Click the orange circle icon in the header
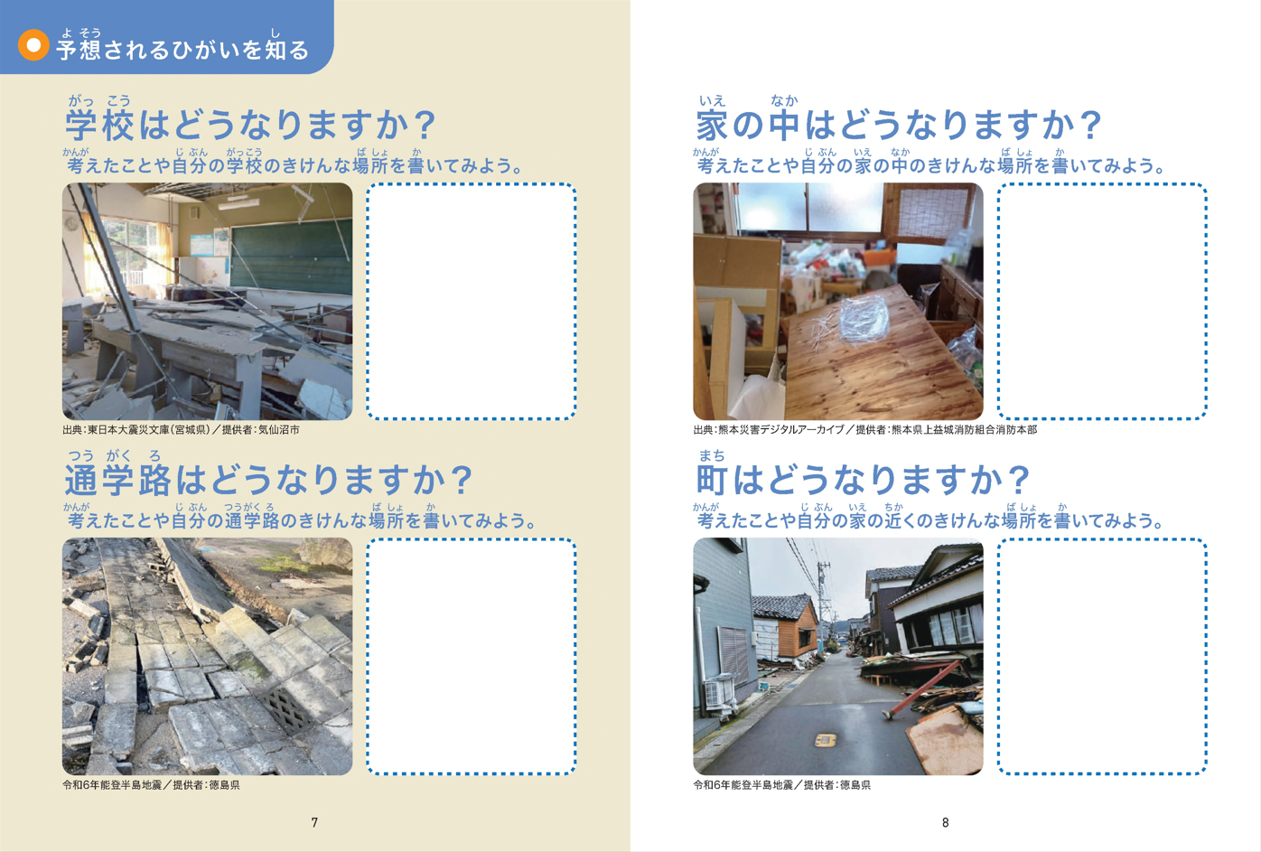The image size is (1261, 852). pos(33,45)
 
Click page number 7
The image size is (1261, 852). pos(314,823)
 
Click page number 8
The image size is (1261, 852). pos(946,823)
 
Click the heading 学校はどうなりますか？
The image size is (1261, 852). pos(250,125)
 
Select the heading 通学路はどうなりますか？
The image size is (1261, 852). pos(268,480)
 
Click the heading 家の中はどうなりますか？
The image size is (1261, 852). pos(899,125)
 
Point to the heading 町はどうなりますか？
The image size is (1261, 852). pos(863,480)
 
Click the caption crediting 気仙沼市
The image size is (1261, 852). pos(181,430)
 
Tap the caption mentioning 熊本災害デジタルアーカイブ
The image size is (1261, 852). pos(864,430)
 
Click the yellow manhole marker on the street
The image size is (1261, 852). pos(825,739)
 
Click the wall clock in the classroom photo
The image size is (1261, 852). pos(72,223)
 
